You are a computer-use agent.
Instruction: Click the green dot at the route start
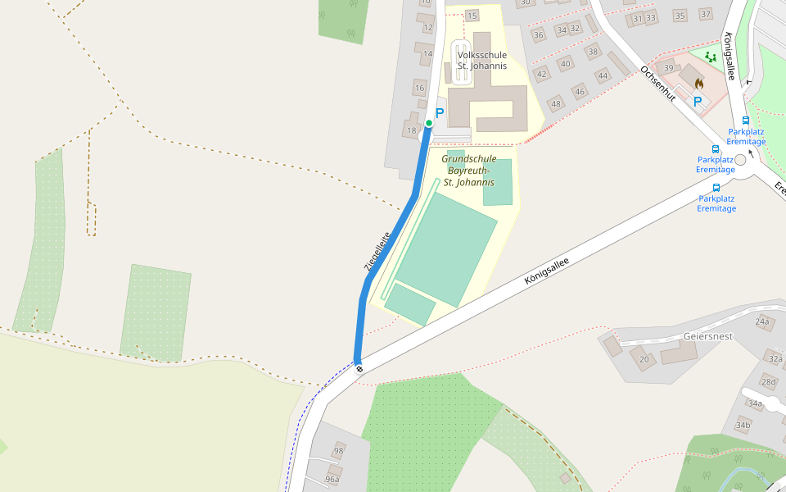(x=428, y=123)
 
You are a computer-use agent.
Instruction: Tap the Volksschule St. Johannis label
(x=481, y=60)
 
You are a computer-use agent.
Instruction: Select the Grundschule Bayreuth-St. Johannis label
(x=468, y=171)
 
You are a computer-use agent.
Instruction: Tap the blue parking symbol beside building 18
(x=439, y=113)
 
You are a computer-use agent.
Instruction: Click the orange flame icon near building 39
(x=698, y=83)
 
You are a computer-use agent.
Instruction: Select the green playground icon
(x=710, y=57)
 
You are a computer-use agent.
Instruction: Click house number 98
(x=338, y=451)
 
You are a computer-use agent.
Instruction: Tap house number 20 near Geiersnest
(x=644, y=359)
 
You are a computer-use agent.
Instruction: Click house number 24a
(x=763, y=321)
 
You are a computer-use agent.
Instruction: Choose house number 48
(x=557, y=103)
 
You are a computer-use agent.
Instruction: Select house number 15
(x=472, y=16)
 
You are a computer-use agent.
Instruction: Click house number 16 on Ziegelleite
(x=420, y=88)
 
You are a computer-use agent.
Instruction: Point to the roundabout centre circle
(x=741, y=160)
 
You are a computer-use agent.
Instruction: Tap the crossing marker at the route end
(x=359, y=368)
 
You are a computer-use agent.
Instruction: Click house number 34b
(x=743, y=425)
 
